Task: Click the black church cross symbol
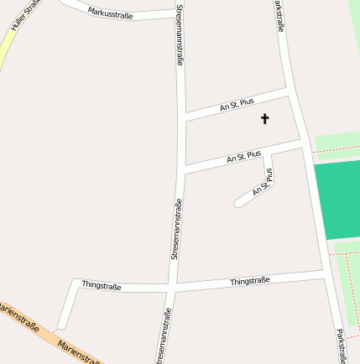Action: [265, 119]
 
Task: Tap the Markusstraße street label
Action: [110, 12]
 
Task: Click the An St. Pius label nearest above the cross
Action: [237, 104]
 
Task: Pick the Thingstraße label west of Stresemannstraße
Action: [101, 286]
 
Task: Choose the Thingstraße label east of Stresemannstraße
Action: [249, 281]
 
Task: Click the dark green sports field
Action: [337, 200]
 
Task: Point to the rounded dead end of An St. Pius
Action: [239, 203]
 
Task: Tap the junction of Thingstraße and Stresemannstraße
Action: [171, 287]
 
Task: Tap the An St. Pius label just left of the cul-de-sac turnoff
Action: [243, 156]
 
